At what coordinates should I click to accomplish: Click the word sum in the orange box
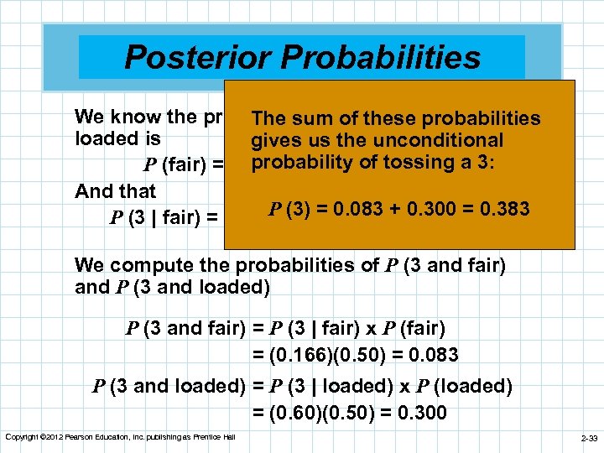click(306, 118)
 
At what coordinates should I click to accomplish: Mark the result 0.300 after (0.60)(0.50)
click(417, 414)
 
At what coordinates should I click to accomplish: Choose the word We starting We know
click(89, 116)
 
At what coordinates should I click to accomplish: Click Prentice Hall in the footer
click(213, 437)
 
